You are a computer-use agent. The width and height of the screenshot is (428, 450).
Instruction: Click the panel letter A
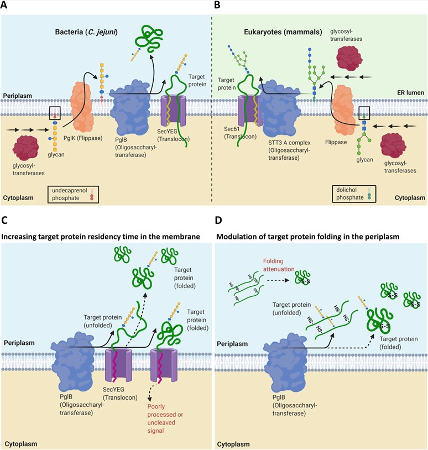tap(6, 7)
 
